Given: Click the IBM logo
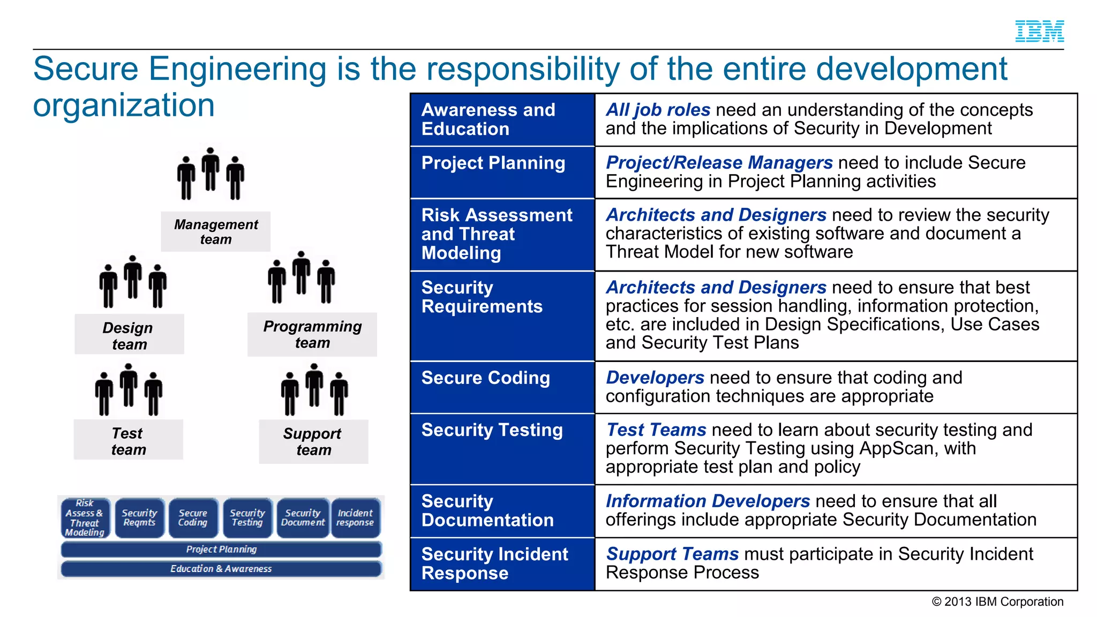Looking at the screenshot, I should click(1039, 31).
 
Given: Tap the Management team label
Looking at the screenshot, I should click(216, 231).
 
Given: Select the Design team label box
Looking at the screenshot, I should click(129, 335).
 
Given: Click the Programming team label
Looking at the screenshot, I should click(312, 334).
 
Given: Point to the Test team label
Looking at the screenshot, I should click(128, 440).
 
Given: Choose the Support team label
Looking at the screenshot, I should click(313, 441).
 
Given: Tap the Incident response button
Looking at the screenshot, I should click(356, 517).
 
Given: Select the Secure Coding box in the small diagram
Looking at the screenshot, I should click(193, 517).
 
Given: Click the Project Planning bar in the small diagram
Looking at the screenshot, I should click(221, 549).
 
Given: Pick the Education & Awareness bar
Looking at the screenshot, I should click(221, 568).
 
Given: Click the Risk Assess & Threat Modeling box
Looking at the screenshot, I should click(85, 517).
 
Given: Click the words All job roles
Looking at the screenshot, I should click(658, 110).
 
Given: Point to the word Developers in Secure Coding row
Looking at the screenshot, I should click(655, 378).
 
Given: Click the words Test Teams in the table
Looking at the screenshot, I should click(656, 430).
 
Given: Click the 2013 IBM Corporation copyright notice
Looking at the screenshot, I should click(997, 601).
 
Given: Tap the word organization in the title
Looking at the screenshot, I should click(124, 105).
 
